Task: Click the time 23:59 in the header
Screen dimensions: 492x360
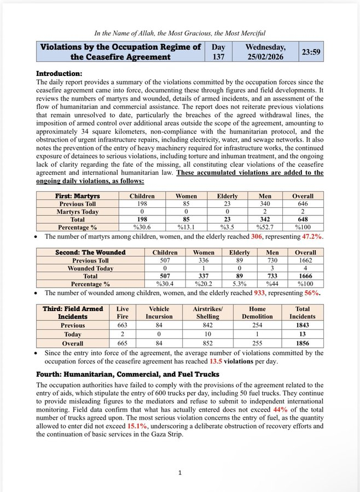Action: click(x=311, y=52)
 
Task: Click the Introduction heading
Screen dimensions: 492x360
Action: click(x=59, y=73)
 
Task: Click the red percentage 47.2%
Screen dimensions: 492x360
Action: click(x=311, y=237)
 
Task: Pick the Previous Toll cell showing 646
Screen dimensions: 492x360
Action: click(x=302, y=204)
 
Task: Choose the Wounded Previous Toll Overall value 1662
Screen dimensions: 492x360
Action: click(x=305, y=261)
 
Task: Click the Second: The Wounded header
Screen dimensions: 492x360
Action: click(x=90, y=253)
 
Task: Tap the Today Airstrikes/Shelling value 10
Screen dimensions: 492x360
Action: click(x=207, y=335)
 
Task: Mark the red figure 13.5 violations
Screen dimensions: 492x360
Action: click(x=213, y=362)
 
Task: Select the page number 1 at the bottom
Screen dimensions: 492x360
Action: click(x=180, y=473)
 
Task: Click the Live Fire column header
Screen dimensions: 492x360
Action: click(x=123, y=313)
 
